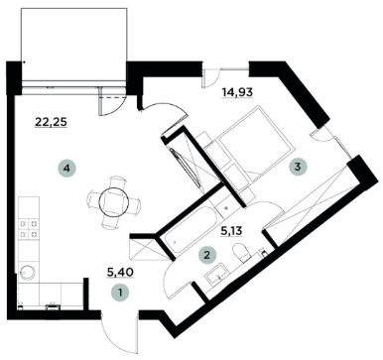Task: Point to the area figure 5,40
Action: [120, 269]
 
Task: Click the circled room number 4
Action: [65, 170]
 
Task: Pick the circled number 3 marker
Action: [298, 168]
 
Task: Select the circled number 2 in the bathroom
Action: [207, 255]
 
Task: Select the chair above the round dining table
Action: [117, 181]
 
